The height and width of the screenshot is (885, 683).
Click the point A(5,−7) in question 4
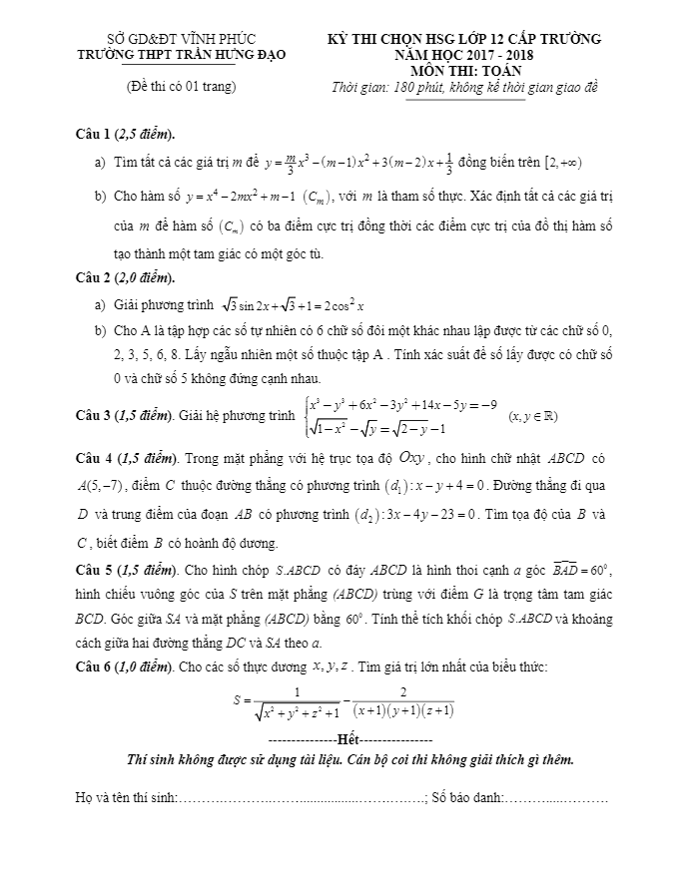point(102,487)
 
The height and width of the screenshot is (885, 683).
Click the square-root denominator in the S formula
point(297,711)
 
